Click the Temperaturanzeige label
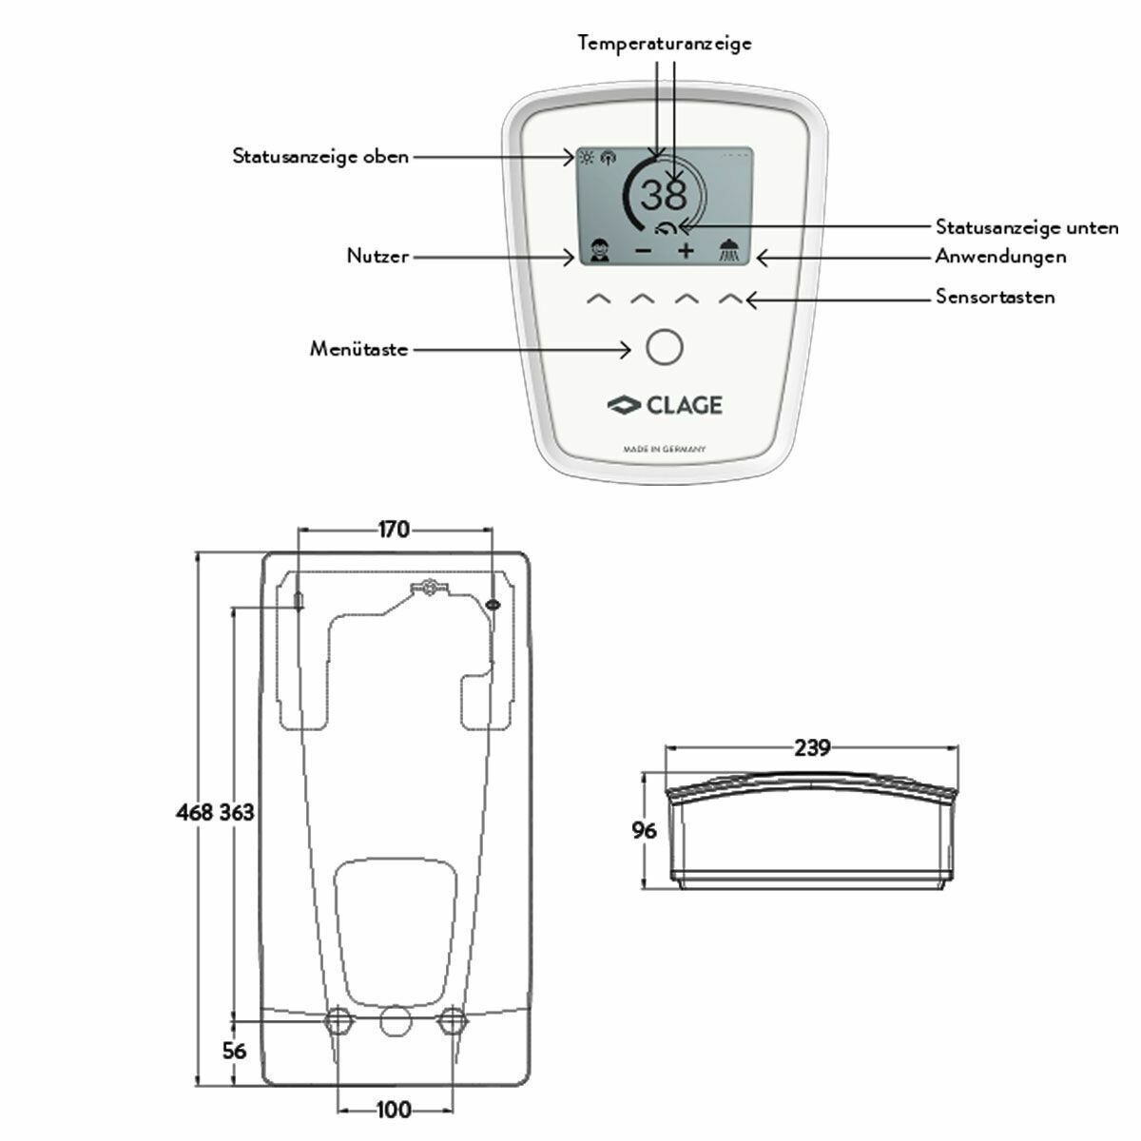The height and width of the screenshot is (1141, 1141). point(665,43)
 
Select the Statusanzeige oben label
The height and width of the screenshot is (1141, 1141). point(320,156)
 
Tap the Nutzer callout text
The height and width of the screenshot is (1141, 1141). point(377,256)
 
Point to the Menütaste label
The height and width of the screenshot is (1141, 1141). point(358,349)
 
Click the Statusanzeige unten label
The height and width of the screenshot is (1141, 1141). point(1027,227)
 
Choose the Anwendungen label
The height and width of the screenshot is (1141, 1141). point(1000,256)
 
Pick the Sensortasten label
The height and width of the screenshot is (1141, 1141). point(995,297)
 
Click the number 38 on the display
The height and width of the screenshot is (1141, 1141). point(663,196)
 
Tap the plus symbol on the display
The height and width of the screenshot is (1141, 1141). point(686,251)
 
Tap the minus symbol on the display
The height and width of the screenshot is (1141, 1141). point(644,251)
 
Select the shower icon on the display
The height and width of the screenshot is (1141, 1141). point(730,250)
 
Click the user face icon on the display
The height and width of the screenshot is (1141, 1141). point(599,251)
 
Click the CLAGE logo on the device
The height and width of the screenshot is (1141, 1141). point(665,405)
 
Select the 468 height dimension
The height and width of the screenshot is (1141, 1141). point(195,812)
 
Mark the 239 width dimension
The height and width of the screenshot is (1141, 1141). point(812,748)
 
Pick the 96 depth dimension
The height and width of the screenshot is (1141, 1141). point(645,830)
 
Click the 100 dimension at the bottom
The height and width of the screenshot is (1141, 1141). point(394,1109)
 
